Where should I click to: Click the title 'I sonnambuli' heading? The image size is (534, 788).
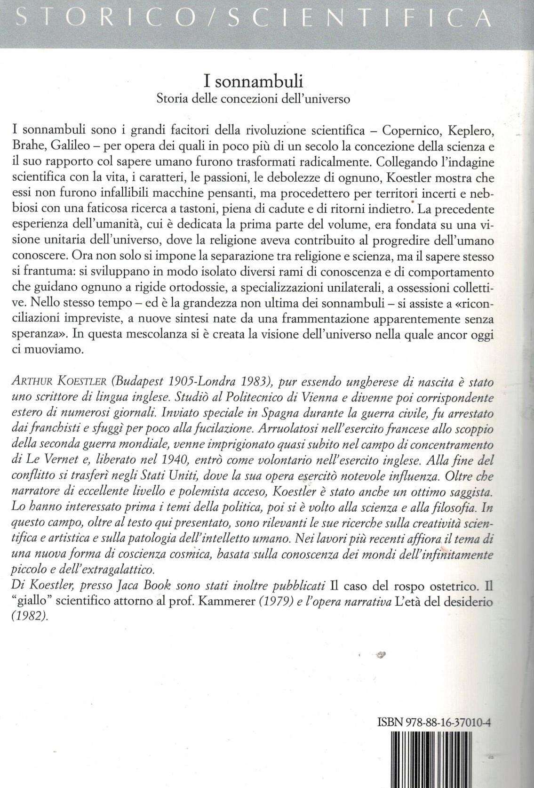pos(253,81)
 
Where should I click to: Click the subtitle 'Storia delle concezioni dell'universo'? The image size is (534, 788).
pos(253,99)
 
